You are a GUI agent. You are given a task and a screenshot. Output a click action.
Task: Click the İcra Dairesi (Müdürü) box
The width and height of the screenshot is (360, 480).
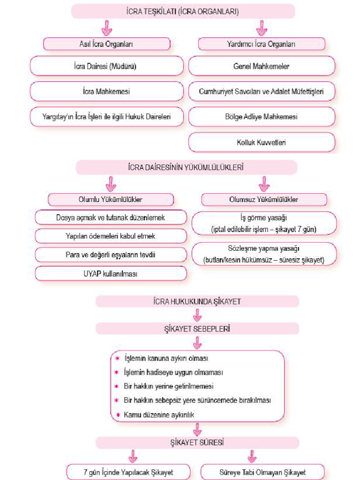point(106,67)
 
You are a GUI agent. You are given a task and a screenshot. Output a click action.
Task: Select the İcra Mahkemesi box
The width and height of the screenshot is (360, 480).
point(106,91)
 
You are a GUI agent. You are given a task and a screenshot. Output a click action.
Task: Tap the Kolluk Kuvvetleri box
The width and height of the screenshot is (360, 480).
point(262,142)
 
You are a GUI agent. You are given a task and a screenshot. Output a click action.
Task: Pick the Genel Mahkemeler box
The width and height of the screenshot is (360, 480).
point(262,67)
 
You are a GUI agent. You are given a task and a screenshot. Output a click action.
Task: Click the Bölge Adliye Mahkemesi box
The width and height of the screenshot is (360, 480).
point(262,117)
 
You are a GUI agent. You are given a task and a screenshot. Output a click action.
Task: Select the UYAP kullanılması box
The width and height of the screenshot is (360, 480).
point(111,274)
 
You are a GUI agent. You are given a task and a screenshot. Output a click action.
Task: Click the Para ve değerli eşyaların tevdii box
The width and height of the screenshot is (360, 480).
point(111,255)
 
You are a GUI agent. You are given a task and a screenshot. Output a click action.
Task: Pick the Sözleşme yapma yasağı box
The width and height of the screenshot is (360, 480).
point(264,254)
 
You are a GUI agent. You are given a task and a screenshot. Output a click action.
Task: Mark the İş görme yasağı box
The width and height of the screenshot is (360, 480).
point(264,223)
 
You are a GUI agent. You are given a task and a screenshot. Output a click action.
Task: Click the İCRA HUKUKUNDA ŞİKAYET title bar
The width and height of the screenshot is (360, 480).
point(197,301)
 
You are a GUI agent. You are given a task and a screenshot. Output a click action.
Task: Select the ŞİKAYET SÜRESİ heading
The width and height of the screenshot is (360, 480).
point(197,442)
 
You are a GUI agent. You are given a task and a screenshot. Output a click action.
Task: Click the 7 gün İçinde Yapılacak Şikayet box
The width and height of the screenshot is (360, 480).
point(128,472)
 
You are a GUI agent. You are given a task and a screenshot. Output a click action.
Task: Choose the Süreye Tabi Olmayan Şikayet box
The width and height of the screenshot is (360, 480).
point(262,472)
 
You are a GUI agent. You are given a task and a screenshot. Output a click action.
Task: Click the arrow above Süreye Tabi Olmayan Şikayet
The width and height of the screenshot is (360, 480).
point(252,455)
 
